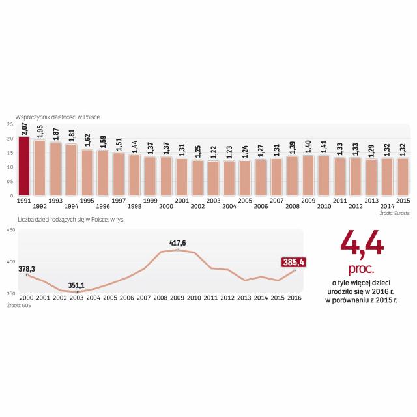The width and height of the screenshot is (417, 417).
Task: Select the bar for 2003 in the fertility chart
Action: pos(214,178)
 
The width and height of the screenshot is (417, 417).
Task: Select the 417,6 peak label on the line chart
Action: pos(177,244)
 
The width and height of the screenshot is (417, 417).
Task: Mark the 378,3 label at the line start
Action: pos(27,268)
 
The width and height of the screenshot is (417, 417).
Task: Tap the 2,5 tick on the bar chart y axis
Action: pos(10,124)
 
